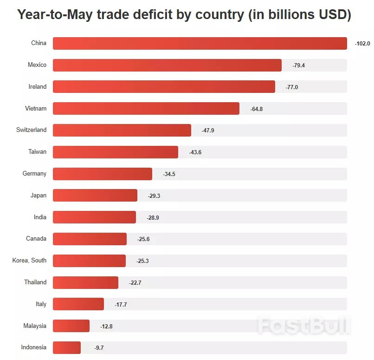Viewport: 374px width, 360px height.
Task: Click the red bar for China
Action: point(200,43)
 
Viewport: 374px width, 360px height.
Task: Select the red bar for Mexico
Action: point(167,65)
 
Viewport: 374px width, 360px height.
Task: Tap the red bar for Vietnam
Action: point(146,109)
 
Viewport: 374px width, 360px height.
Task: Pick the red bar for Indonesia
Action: point(67,347)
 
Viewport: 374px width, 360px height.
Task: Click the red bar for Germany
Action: point(103,174)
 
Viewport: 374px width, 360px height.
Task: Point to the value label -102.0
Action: point(362,44)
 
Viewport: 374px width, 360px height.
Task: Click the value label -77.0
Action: point(292,87)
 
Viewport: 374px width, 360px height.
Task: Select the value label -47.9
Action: point(208,131)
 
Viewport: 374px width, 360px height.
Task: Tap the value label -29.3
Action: point(154,196)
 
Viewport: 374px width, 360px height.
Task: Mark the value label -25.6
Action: point(143,239)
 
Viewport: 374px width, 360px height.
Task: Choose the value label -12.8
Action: point(106,327)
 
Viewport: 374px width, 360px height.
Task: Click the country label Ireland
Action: point(38,87)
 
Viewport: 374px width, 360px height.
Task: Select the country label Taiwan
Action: point(38,152)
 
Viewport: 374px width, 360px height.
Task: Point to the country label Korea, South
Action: point(30,261)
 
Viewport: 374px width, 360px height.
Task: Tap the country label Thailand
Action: point(35,282)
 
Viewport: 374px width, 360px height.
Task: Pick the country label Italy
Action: point(41,304)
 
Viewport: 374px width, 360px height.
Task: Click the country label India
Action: point(40,217)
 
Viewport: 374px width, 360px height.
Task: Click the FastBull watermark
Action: point(303,326)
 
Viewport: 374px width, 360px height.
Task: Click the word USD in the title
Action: point(329,15)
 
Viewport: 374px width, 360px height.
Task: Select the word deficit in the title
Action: point(155,15)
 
